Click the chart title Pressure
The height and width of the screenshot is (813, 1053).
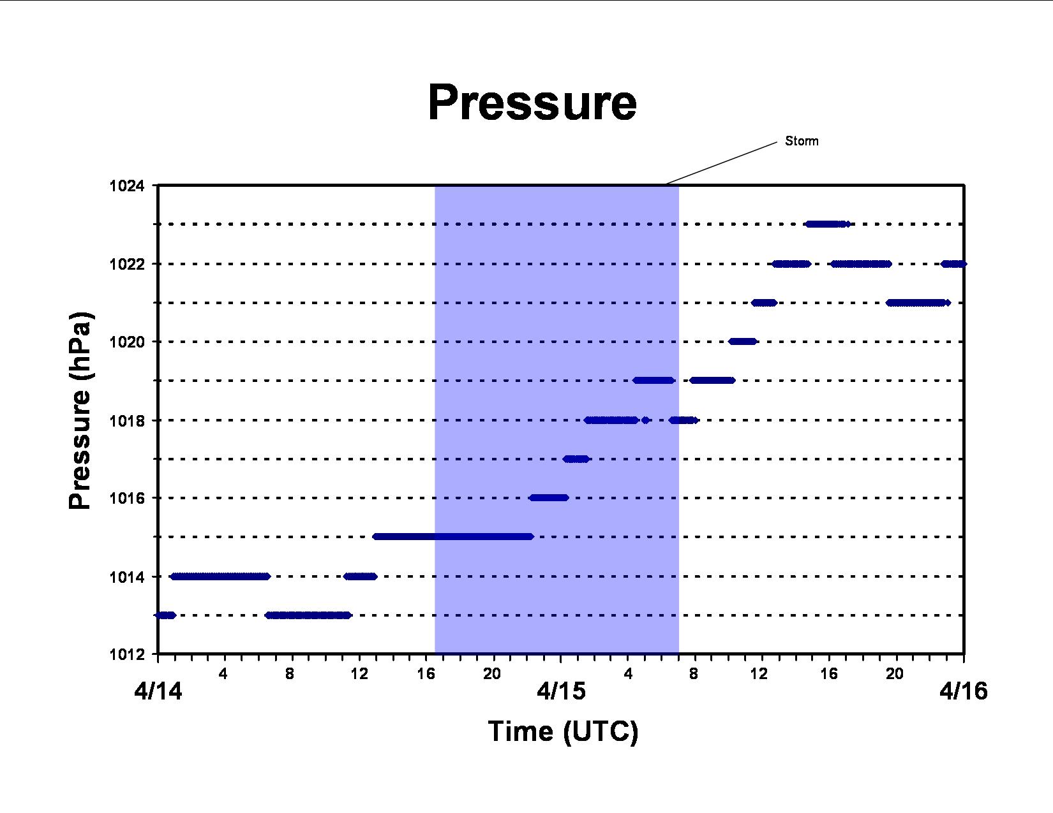coord(532,103)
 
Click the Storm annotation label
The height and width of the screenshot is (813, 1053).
coord(802,141)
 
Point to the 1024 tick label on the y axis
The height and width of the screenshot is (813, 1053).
coord(127,186)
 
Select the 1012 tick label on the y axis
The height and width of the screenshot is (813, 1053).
coord(127,655)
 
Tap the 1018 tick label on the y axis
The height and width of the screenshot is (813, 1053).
coord(127,421)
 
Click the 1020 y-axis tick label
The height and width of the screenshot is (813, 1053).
coord(127,342)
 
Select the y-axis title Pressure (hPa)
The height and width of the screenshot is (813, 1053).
coord(80,411)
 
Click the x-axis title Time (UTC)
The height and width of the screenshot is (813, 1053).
coord(563,731)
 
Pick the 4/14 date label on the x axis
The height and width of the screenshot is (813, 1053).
coord(158,691)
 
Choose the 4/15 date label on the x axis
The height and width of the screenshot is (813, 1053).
coord(561,691)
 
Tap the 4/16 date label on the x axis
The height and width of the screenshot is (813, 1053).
coord(964,691)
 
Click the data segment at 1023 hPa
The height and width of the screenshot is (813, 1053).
coord(828,224)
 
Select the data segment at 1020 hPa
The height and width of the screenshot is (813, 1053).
coord(742,342)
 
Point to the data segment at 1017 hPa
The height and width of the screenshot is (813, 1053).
coord(576,459)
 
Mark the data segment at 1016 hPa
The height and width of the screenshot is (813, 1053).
coord(549,498)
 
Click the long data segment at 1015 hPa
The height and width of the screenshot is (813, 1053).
coord(453,536)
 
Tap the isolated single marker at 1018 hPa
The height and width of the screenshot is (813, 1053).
coord(645,420)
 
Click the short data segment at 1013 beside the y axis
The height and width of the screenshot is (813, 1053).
coord(165,615)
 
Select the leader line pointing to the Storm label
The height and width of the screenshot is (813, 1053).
coord(722,163)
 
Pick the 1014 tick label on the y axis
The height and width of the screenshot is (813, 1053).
coord(127,577)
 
